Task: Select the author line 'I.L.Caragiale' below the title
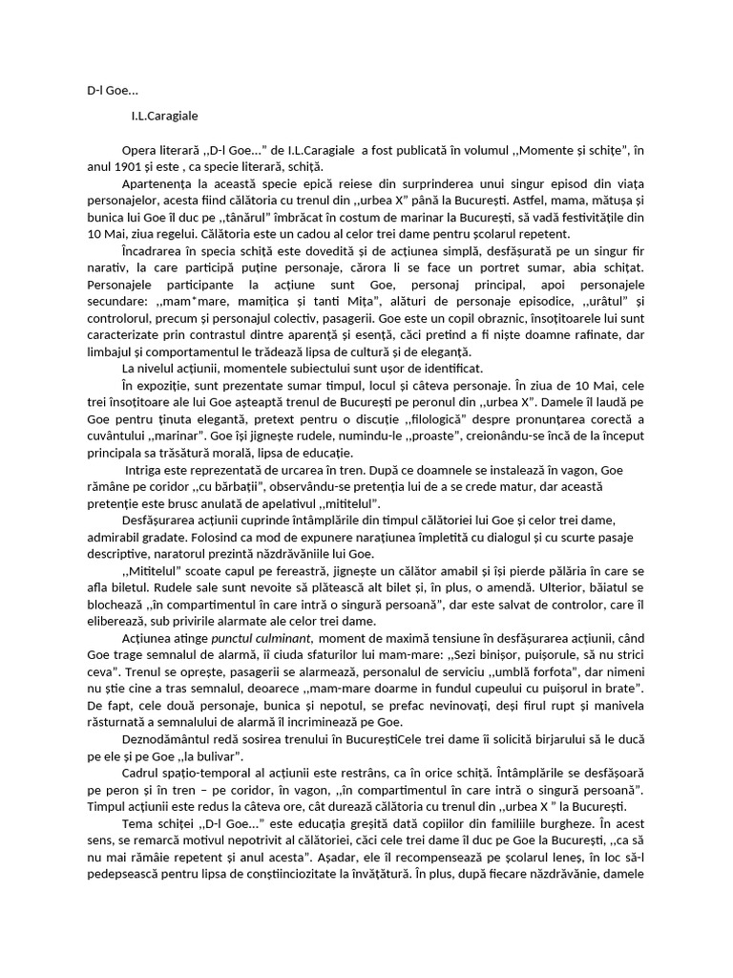click(164, 116)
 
